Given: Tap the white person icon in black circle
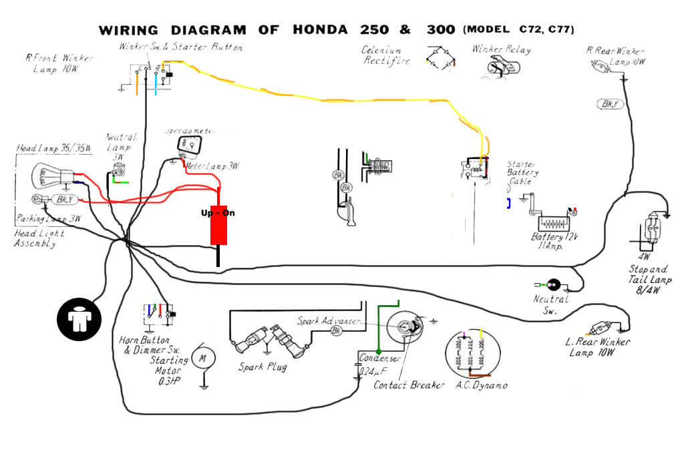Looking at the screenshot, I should pyautogui.click(x=78, y=318).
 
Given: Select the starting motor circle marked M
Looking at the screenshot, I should pyautogui.click(x=202, y=359).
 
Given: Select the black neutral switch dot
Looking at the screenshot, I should pyautogui.click(x=553, y=285).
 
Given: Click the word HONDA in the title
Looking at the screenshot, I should pyautogui.click(x=320, y=30).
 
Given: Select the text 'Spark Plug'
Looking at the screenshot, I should pyautogui.click(x=263, y=367).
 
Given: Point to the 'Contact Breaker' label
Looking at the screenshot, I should pyautogui.click(x=408, y=385).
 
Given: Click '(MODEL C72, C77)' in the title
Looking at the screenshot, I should pyautogui.click(x=518, y=30).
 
